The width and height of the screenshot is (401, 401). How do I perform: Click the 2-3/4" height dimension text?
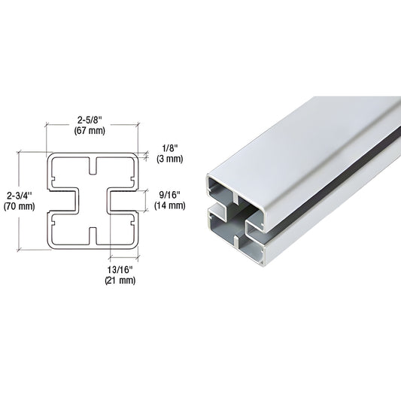17,194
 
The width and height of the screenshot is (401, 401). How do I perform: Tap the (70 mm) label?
17,205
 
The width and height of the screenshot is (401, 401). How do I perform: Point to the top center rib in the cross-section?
94,164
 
